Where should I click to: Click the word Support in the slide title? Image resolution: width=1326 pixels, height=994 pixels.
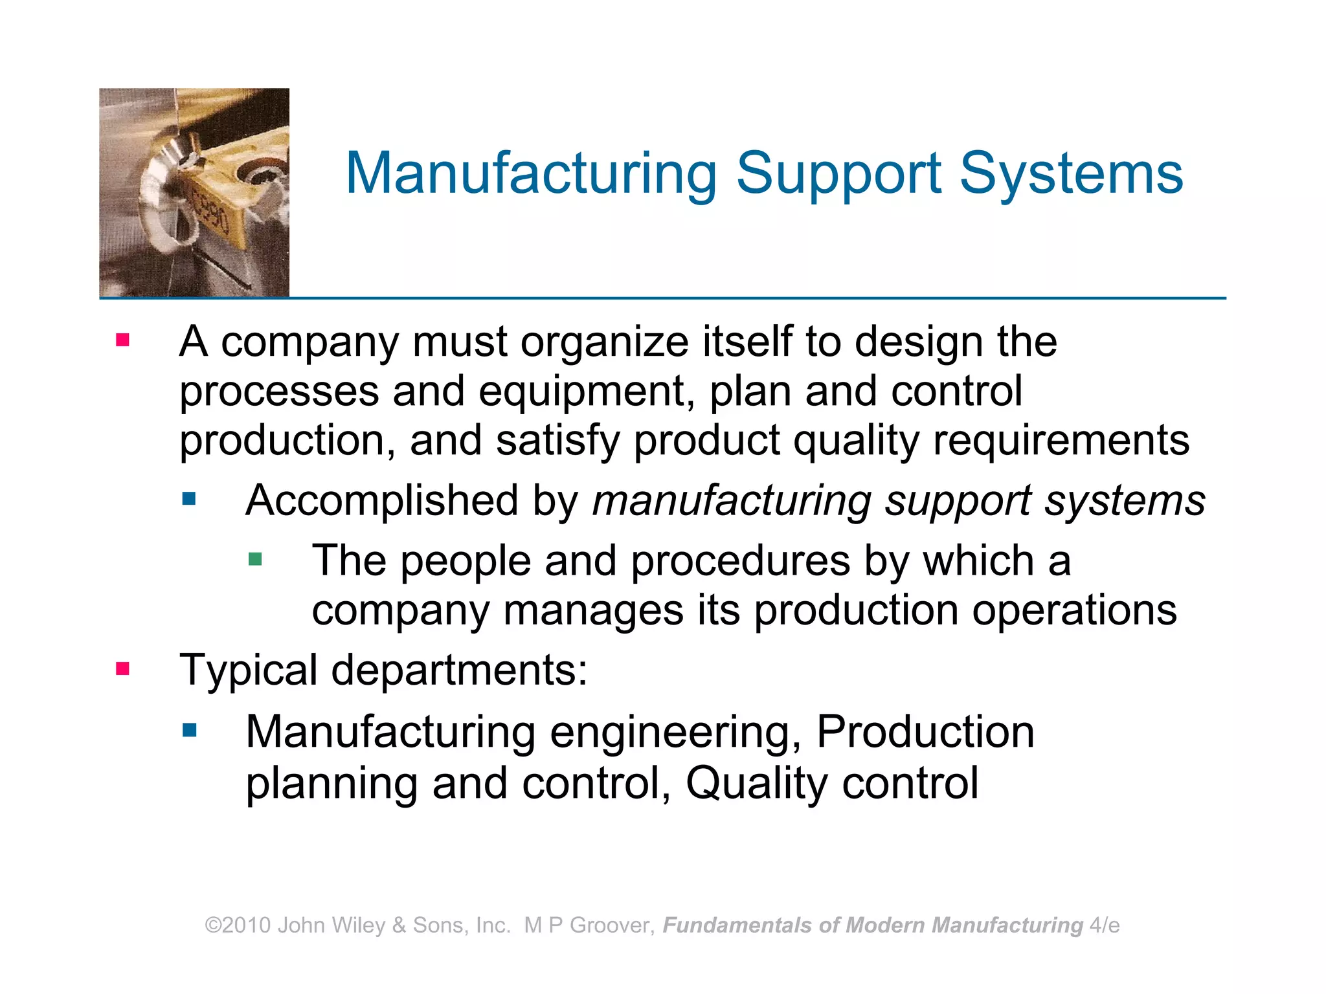(838, 173)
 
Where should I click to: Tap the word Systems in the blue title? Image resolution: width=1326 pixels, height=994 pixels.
(1071, 173)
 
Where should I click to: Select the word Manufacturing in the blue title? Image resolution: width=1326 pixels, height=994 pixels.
(531, 173)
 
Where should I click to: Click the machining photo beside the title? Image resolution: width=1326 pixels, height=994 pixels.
(194, 193)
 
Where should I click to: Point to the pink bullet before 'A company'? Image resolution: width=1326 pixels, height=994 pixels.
(123, 340)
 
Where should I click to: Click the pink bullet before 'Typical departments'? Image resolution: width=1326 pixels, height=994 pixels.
(123, 668)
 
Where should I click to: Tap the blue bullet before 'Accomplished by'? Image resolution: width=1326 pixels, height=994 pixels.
(189, 498)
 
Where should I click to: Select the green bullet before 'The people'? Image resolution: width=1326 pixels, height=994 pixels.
(255, 558)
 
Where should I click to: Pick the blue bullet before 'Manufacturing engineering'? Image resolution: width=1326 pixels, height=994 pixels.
(189, 731)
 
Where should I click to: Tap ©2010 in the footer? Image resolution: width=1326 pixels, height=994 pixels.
(238, 925)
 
